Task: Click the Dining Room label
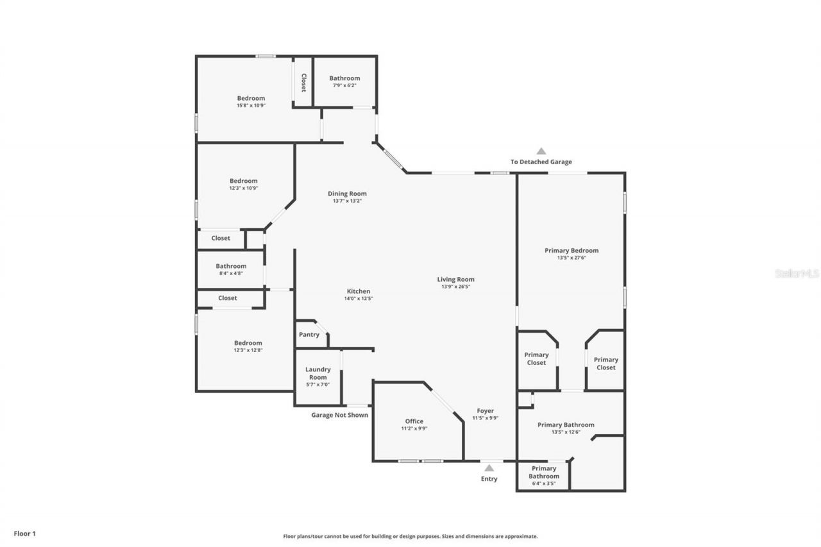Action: point(347,194)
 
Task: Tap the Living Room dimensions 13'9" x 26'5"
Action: point(455,287)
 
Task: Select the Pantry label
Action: point(309,335)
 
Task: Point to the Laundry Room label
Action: point(317,373)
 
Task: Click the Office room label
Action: point(414,421)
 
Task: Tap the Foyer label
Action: point(485,410)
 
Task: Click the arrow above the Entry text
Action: point(489,468)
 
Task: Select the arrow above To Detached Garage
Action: point(541,151)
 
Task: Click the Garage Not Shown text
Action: point(340,415)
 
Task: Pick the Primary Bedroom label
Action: point(571,251)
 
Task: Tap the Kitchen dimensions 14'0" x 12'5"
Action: point(359,298)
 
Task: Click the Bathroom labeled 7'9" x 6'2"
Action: point(344,81)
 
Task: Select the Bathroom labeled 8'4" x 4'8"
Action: point(231,269)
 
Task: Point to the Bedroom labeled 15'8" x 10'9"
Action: point(251,101)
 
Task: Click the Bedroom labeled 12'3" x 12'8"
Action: point(248,346)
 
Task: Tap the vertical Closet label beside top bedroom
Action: point(303,82)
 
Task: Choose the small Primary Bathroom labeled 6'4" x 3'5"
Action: point(544,476)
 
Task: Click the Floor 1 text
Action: point(24,533)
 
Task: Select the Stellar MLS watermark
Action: point(797,273)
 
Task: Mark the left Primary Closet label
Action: point(536,358)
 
